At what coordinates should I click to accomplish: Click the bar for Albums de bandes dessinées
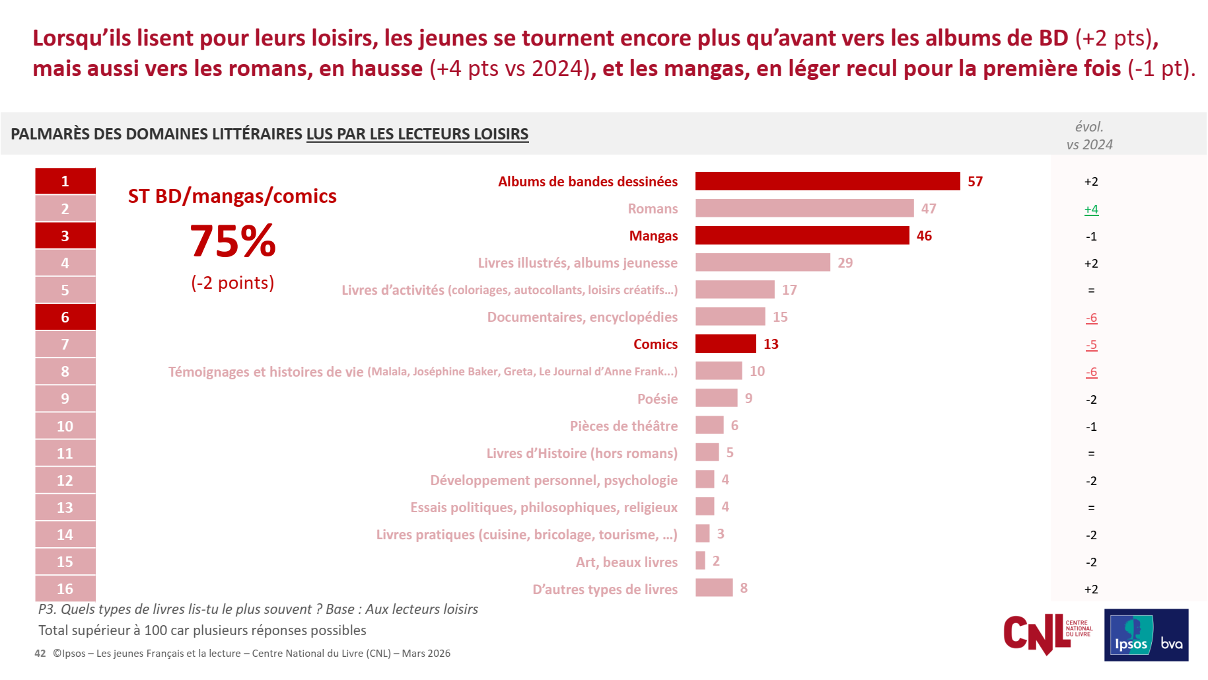pyautogui.click(x=828, y=181)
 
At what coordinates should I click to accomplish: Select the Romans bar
pyautogui.click(x=804, y=208)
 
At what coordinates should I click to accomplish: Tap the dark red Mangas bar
pyautogui.click(x=802, y=235)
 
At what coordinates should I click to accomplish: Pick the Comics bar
pyautogui.click(x=726, y=344)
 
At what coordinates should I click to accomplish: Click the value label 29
pyautogui.click(x=845, y=263)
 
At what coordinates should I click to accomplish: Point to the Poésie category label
pyautogui.click(x=657, y=399)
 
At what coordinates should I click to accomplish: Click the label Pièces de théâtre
pyautogui.click(x=623, y=426)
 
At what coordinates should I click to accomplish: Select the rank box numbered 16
pyautogui.click(x=65, y=589)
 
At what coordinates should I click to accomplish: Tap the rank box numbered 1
pyautogui.click(x=65, y=181)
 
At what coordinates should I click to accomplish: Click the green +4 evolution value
pyautogui.click(x=1091, y=209)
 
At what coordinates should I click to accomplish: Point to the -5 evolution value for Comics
pyautogui.click(x=1091, y=345)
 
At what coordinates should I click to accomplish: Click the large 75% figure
pyautogui.click(x=232, y=241)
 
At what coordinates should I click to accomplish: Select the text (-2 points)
pyautogui.click(x=232, y=283)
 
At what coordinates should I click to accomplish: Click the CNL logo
pyautogui.click(x=1048, y=634)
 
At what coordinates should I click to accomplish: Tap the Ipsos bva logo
pyautogui.click(x=1147, y=635)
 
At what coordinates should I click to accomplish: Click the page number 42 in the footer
pyautogui.click(x=40, y=654)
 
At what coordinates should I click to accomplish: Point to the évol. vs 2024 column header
pyautogui.click(x=1090, y=135)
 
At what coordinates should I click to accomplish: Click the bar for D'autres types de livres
pyautogui.click(x=714, y=587)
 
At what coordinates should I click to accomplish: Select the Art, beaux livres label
pyautogui.click(x=627, y=562)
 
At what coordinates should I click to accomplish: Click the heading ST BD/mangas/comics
pyautogui.click(x=232, y=196)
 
